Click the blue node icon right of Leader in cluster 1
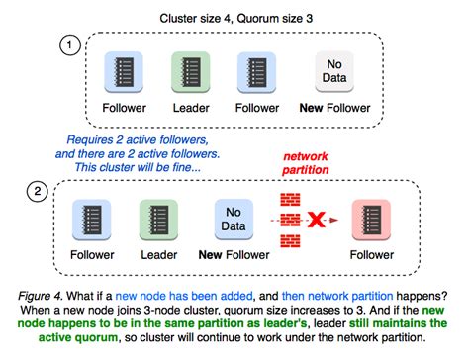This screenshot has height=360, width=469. pos(253,73)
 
